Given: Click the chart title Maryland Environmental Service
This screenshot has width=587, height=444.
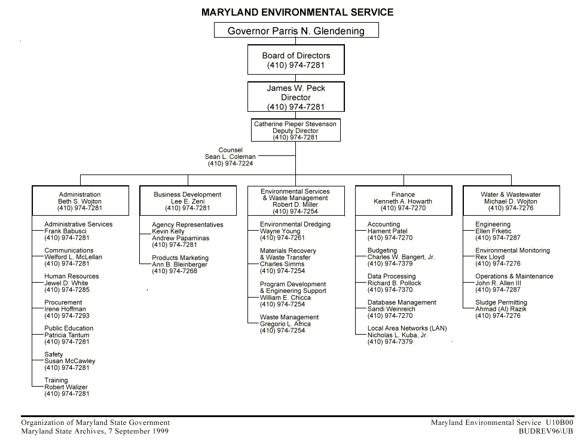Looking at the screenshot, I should point(297,12).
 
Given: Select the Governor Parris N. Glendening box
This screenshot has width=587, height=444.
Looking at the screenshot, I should point(296,30).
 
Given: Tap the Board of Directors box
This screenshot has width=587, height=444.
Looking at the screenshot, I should point(296,60).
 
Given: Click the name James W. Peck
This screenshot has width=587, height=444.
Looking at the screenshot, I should point(296,88).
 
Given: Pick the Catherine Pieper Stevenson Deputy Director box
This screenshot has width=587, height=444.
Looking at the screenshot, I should point(295,130).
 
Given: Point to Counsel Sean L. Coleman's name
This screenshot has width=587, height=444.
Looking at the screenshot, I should point(230,157).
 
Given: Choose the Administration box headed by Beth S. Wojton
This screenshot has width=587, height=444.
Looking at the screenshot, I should point(80,201).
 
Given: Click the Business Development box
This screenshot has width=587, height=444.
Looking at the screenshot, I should point(187,201).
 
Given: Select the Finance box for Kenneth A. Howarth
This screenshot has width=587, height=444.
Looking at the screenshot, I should point(403,201).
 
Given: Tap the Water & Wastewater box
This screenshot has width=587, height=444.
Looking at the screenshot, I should point(510,201).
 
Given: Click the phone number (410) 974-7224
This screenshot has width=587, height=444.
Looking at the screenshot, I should point(230,163).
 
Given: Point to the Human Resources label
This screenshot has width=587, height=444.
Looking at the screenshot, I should point(72,277).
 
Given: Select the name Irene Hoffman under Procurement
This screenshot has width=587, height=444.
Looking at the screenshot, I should point(65,309).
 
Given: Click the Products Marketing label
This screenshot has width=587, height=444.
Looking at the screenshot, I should point(181,258).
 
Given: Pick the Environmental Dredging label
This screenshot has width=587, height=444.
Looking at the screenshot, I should point(295,225).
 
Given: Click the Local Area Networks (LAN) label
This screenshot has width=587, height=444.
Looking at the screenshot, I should point(406,329).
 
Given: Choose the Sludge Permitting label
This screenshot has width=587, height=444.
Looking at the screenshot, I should point(501,302).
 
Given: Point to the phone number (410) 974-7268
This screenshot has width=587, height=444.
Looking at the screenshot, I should point(175,271).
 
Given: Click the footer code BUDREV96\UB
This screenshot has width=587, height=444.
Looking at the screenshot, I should point(546,431).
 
